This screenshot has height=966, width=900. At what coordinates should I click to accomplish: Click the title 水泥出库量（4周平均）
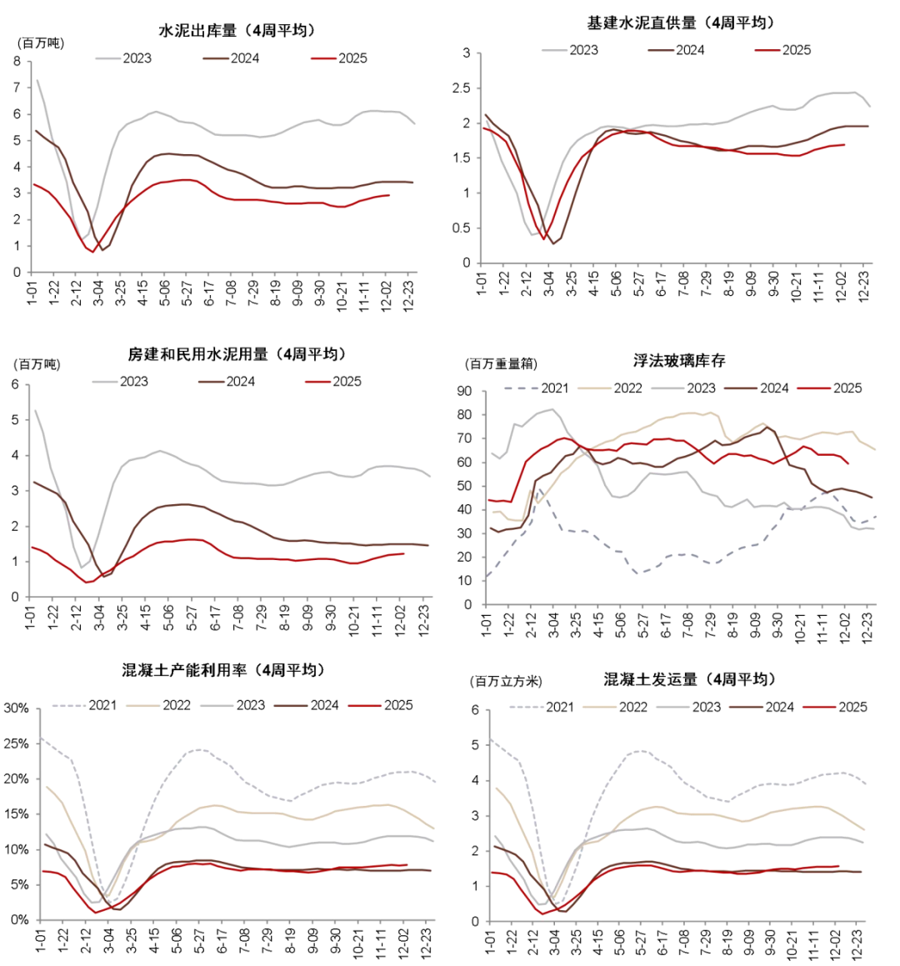point(237,31)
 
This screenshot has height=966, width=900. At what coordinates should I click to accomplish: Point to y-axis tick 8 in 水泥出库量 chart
point(17,61)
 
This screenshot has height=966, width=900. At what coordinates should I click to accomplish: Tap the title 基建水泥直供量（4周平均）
point(681,23)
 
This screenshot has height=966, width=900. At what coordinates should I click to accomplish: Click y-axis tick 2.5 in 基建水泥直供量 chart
point(463,88)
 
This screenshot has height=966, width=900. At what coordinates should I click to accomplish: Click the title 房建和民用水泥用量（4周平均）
point(237,354)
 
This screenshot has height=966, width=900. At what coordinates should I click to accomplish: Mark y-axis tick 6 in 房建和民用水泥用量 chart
point(14,384)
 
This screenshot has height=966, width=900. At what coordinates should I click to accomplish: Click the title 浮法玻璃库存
point(679,361)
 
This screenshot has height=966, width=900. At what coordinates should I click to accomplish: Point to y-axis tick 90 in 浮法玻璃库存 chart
point(464,392)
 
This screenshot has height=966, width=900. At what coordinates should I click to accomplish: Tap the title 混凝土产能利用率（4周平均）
point(223,670)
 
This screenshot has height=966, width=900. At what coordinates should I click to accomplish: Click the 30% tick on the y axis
point(17,708)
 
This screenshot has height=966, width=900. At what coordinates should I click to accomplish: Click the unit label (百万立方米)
point(506,682)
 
